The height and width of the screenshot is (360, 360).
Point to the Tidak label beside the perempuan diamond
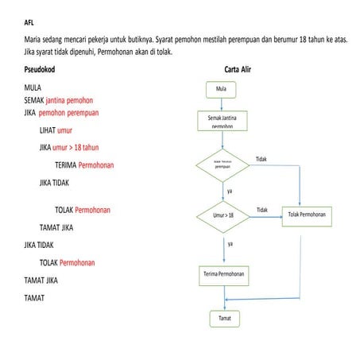261,159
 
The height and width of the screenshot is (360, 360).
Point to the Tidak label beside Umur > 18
262,209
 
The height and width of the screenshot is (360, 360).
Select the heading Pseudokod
41,69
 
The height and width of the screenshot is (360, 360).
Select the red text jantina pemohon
69,100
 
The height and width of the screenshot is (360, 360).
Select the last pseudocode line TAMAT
34,298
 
